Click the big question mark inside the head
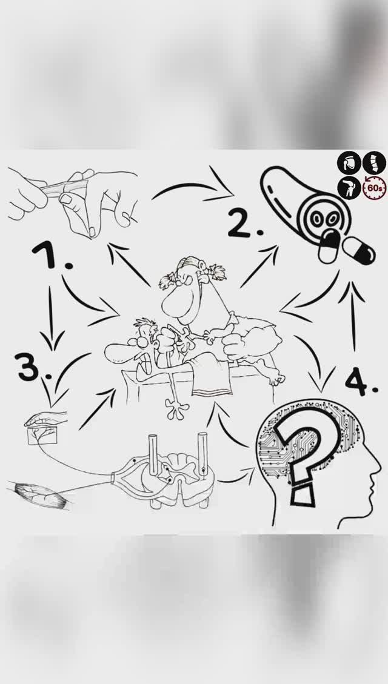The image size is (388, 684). click(x=306, y=454)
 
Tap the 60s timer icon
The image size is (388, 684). click(x=375, y=188)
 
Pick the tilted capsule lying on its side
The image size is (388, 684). click(x=359, y=250)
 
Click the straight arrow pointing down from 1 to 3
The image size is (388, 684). click(x=51, y=319)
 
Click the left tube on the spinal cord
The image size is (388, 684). click(x=152, y=454)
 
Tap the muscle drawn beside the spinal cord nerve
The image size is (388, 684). click(x=41, y=494)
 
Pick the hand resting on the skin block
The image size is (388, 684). click(x=46, y=419)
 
